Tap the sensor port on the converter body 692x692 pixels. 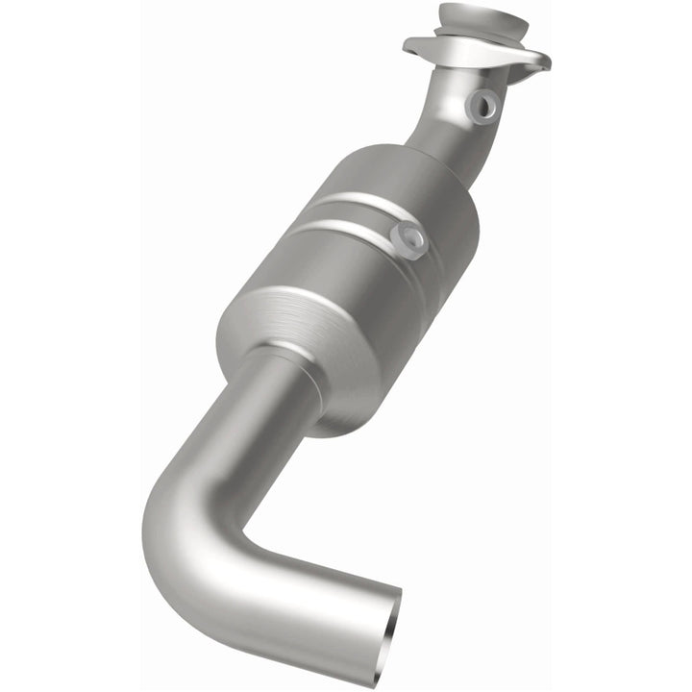point(411,237)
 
